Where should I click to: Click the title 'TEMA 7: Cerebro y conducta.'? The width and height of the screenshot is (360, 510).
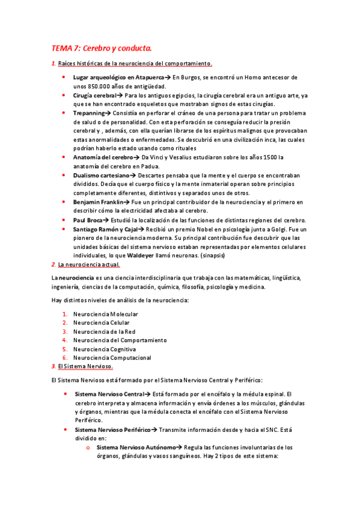coord(102,48)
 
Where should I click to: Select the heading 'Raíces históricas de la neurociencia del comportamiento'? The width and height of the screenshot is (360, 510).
coord(135,64)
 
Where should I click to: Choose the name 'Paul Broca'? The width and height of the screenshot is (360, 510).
coord(88,220)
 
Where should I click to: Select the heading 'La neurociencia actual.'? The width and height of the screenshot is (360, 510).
coord(89,265)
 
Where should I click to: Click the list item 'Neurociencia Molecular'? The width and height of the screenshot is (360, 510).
coord(105,314)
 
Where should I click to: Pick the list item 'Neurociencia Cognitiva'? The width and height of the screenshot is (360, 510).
coord(104,349)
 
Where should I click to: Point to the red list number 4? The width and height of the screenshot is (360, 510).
coord(65,340)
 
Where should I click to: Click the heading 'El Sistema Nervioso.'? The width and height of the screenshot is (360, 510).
coord(85,366)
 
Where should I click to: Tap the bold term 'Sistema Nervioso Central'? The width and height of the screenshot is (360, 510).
coord(108,394)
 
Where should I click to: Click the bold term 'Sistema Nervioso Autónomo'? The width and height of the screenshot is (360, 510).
coord(136,447)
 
